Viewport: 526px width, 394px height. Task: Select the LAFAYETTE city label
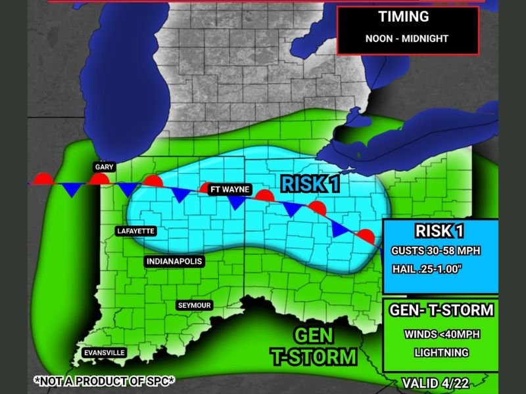137,231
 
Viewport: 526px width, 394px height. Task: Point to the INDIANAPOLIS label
174,261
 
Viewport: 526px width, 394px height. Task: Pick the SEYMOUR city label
195,305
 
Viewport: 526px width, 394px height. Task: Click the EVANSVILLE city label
104,353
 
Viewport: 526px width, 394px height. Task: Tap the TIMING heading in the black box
404,17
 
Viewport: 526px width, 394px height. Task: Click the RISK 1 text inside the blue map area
311,184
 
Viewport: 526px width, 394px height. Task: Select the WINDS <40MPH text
442,334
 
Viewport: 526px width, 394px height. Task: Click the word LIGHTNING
442,353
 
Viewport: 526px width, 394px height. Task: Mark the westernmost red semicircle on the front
43,179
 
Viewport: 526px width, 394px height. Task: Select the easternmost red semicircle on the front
366,237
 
